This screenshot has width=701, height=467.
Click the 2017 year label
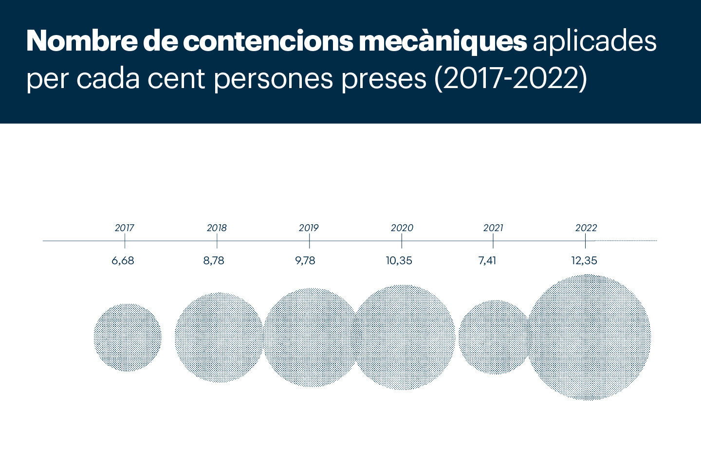click(125, 228)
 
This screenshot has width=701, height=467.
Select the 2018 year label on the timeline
click(217, 228)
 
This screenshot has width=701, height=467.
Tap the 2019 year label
click(309, 228)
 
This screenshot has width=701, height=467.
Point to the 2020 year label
click(402, 228)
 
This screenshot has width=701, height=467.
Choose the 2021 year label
click(493, 228)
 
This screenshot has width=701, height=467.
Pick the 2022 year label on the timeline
click(586, 228)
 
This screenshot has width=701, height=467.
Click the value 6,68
click(123, 261)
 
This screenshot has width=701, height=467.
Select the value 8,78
click(214, 261)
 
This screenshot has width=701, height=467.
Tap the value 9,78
click(305, 261)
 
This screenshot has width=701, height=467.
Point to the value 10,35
click(399, 261)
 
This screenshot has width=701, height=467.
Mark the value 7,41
click(487, 261)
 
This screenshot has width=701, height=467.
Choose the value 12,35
click(584, 261)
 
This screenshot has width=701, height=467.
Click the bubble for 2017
click(128, 338)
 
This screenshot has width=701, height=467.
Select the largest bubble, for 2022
click(589, 337)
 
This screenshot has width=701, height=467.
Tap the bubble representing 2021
click(495, 337)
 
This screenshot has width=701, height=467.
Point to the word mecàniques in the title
click(443, 42)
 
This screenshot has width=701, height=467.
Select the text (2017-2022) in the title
click(511, 78)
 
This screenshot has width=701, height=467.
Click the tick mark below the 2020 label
click(402, 241)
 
